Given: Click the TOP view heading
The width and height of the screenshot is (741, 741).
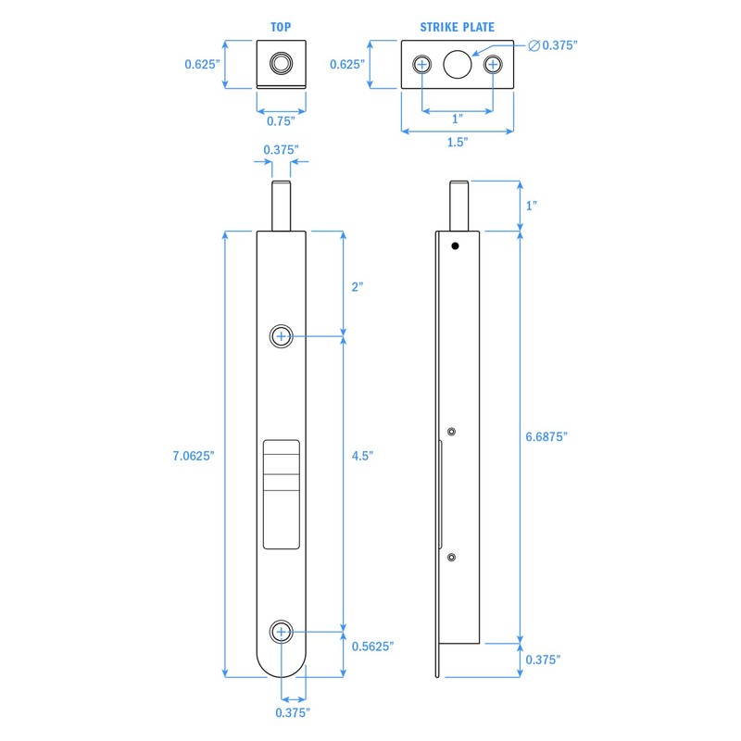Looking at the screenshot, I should tap(281, 28).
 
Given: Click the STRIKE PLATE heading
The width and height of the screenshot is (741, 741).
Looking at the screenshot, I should tap(456, 28).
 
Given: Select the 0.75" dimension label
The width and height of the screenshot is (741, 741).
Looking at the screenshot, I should tap(281, 120).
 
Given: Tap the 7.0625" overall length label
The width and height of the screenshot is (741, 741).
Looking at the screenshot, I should tap(194, 456).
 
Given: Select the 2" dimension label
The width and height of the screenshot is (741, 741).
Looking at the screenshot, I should tap(358, 286).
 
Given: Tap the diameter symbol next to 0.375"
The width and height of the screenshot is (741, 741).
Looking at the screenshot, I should tap(534, 45).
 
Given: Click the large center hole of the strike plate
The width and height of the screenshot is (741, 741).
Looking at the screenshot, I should tap(458, 64).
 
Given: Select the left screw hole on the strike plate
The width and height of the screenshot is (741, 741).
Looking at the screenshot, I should tap(423, 64).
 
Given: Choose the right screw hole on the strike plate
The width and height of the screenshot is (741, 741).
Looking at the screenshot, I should tap(492, 64).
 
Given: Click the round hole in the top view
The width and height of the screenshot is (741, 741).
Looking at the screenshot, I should tap(281, 64).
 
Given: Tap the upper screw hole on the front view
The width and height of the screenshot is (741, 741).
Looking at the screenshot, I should tap(282, 336).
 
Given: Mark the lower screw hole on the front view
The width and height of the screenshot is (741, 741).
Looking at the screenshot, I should tap(282, 632).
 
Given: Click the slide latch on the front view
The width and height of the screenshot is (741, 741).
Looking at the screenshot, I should tap(282, 493).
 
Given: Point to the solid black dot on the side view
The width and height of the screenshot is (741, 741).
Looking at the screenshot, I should tap(455, 245).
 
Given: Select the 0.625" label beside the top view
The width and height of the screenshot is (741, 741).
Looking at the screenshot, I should tap(201, 64).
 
